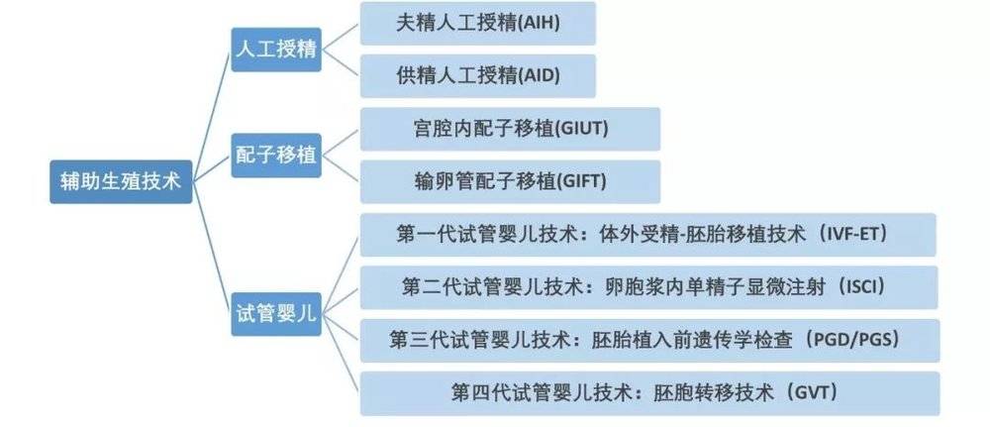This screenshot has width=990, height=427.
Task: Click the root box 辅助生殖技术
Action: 121,182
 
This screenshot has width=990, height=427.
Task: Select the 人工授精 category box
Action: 276,50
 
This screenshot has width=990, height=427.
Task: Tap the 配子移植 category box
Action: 276,156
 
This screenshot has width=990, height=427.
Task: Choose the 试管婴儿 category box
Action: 276,314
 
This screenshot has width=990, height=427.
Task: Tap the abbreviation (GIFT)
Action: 581,182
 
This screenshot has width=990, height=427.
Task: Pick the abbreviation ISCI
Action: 862,287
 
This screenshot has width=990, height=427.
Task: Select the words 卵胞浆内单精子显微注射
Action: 710,287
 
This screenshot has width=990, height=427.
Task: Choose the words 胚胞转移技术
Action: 714,393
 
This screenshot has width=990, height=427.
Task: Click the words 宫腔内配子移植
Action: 482,130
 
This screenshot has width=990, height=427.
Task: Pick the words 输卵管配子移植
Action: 485,182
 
